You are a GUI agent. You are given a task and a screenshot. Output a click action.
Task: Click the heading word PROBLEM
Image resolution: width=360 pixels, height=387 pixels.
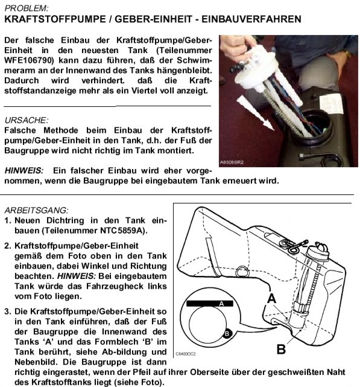pyautogui.click(x=27, y=8)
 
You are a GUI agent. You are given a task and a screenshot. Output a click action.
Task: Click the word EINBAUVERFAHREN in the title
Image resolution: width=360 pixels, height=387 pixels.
pyautogui.click(x=251, y=19)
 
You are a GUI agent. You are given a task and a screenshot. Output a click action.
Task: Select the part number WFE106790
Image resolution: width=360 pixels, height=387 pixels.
pyautogui.click(x=29, y=60)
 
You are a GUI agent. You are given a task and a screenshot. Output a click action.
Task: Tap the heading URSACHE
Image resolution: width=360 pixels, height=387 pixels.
pyautogui.click(x=27, y=120)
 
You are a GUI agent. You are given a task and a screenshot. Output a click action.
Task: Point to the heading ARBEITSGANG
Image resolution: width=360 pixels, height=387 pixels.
pyautogui.click(x=36, y=210)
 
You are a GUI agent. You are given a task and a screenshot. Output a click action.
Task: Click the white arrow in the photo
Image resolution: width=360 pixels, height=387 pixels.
pyautogui.click(x=255, y=112)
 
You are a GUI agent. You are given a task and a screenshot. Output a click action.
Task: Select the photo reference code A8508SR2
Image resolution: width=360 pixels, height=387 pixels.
pyautogui.click(x=232, y=162)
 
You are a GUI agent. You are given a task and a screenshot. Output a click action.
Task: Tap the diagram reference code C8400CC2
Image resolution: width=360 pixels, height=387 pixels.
pyautogui.click(x=185, y=354)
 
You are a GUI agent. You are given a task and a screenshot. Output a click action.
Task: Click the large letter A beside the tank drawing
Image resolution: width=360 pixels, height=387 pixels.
pyautogui.click(x=271, y=298)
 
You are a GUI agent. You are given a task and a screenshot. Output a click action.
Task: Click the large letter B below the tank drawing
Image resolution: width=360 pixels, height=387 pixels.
pyautogui.click(x=281, y=349)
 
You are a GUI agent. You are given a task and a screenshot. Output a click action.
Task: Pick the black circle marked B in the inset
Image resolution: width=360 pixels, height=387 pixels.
pyautogui.click(x=227, y=334)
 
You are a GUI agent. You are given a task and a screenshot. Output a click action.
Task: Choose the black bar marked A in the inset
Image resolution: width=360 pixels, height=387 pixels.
pyautogui.click(x=210, y=304)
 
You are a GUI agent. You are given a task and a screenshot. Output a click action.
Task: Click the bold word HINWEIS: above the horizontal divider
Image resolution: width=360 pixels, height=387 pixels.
pyautogui.click(x=24, y=170)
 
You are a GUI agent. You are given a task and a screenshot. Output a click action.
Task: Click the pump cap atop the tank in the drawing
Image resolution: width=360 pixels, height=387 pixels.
pyautogui.click(x=318, y=252)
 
